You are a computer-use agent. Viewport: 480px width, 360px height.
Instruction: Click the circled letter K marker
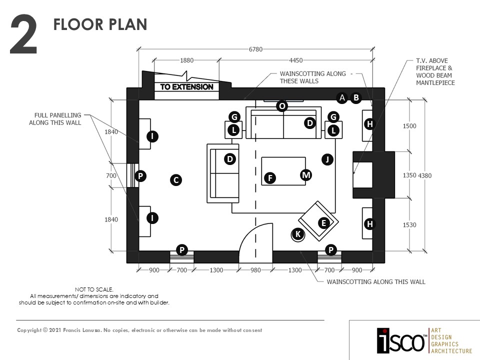tap(298, 234)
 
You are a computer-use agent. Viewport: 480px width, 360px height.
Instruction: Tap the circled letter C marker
tap(175, 180)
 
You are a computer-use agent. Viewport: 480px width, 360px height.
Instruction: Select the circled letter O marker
tap(282, 106)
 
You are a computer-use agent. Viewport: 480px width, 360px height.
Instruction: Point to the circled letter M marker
tap(306, 175)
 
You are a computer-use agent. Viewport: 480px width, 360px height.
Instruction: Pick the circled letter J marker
tap(327, 159)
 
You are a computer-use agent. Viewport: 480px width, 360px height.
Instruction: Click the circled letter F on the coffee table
tap(270, 178)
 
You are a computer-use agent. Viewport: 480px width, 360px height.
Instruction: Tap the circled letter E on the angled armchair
tap(323, 223)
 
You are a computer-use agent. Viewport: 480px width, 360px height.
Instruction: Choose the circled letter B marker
tap(355, 97)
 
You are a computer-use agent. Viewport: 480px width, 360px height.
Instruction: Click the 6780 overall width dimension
tap(256, 49)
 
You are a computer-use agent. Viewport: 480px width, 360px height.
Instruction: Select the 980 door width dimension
tap(255, 270)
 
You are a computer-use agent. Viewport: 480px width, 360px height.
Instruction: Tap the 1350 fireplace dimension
tap(409, 175)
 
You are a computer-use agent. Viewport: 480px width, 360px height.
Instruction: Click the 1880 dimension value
tap(186, 60)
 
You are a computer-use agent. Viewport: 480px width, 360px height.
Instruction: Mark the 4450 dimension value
tap(295, 60)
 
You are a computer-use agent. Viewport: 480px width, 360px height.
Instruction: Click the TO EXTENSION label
tap(186, 87)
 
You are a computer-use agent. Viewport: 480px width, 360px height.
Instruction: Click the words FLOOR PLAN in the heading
tap(100, 24)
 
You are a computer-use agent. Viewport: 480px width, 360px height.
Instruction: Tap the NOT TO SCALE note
tap(94, 289)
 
